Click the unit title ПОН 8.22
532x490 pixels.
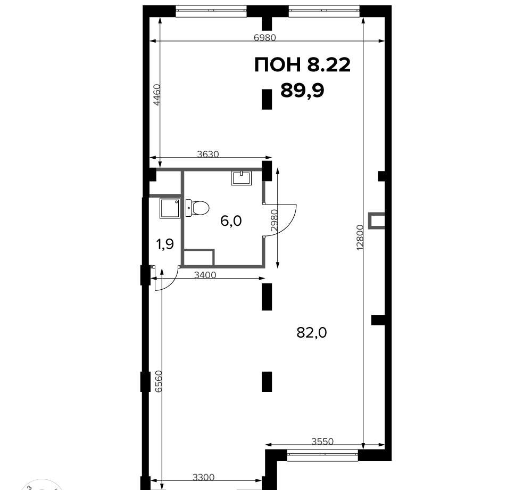(x=302, y=64)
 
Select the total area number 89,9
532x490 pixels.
(x=302, y=91)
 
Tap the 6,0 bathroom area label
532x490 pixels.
(x=231, y=221)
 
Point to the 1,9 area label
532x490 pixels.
(x=165, y=244)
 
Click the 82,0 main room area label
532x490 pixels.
(x=311, y=333)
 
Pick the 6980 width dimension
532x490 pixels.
(x=265, y=37)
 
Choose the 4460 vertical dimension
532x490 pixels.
(x=156, y=95)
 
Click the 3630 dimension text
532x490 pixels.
(x=208, y=154)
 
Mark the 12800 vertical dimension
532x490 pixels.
(x=360, y=238)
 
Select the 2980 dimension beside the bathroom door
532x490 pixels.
(x=274, y=220)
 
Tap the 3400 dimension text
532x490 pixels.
(x=205, y=274)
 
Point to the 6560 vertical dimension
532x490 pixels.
(x=159, y=381)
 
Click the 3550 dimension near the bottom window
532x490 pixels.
(x=323, y=441)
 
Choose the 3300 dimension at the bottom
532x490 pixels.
(x=204, y=477)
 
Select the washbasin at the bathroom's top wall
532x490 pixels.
(x=241, y=178)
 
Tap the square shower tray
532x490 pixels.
(x=170, y=208)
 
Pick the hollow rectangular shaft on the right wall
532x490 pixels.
(x=377, y=220)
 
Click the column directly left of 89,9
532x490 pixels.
(x=267, y=99)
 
